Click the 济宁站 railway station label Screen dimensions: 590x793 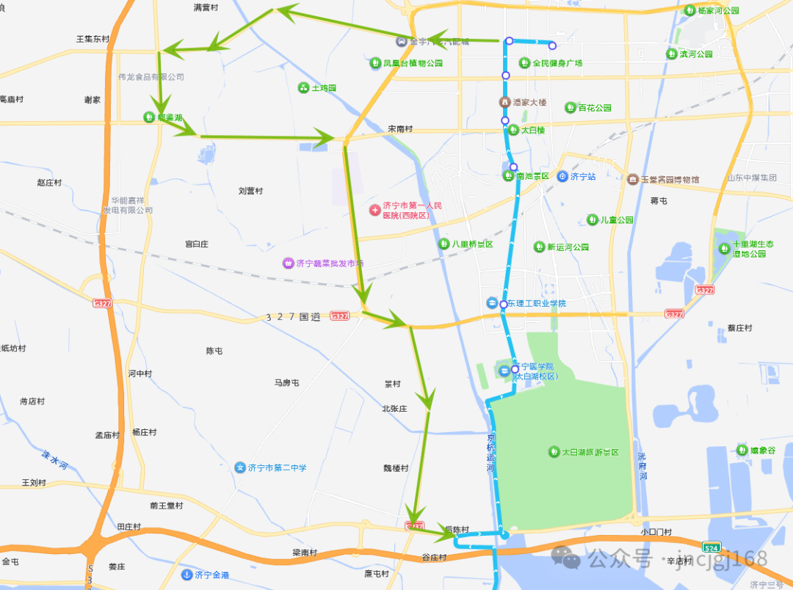click(x=582, y=177)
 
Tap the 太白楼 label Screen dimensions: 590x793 click(x=533, y=130)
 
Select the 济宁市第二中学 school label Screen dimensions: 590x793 click(x=277, y=467)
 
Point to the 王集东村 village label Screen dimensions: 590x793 click(x=93, y=39)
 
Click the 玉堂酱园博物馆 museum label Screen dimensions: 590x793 click(x=669, y=180)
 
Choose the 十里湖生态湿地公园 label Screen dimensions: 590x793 click(x=749, y=249)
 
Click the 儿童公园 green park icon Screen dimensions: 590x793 click(x=593, y=219)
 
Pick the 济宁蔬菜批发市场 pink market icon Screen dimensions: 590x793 click(x=289, y=263)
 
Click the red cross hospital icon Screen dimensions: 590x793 click(x=374, y=211)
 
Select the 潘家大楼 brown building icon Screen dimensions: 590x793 click(x=504, y=102)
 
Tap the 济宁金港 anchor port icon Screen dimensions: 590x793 click(x=187, y=575)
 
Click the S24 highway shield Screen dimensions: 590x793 click(x=710, y=547)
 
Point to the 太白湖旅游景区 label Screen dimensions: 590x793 click(x=590, y=452)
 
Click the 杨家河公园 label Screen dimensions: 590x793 click(x=718, y=11)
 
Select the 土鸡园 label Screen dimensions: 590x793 click(x=324, y=88)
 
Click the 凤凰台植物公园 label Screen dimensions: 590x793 click(x=413, y=63)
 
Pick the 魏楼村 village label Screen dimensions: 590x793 click(x=395, y=468)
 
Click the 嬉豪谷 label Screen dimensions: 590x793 click(x=762, y=450)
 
